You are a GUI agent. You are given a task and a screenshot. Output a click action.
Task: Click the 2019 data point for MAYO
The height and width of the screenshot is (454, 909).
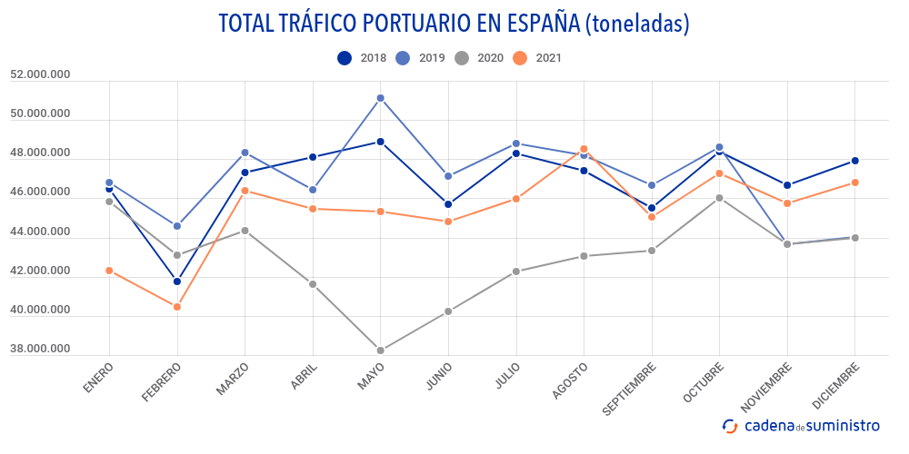[x=381, y=98]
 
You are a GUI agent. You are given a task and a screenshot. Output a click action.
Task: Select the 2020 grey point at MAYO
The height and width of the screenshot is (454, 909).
[x=381, y=350]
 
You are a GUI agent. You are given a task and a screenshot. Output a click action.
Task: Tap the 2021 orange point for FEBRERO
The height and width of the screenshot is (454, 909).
[x=177, y=307]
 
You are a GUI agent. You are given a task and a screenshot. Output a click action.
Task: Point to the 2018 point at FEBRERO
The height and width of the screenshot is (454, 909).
[x=177, y=281]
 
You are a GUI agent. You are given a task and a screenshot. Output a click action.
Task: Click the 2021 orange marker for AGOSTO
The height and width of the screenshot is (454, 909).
[x=584, y=149]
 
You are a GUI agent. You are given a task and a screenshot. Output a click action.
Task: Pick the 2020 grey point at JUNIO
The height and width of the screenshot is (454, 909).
[x=448, y=311]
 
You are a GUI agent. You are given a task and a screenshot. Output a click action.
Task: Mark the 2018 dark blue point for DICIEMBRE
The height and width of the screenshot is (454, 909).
[x=854, y=161]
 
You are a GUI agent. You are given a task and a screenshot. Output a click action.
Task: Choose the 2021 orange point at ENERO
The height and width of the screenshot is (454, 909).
[x=109, y=271]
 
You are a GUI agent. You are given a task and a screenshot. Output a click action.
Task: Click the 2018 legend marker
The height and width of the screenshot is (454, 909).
[x=345, y=58]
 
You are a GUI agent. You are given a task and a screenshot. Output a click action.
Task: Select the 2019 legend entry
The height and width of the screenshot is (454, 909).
[x=419, y=58]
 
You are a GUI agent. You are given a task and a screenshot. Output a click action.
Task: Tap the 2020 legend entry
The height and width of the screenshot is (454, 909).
[x=478, y=58]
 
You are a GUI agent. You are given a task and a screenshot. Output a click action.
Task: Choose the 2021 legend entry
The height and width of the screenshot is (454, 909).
[x=536, y=58]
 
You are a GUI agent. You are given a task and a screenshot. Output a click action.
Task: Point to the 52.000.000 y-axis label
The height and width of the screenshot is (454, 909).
[x=40, y=74]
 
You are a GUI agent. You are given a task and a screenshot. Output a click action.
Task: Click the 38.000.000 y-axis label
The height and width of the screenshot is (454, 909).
[x=40, y=349]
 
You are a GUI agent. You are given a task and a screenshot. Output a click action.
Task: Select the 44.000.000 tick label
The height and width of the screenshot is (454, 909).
[x=40, y=232]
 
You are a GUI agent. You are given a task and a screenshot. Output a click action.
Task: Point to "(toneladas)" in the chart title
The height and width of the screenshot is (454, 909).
[x=636, y=25]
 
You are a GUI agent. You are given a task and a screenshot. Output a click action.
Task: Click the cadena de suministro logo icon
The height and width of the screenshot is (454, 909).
[x=730, y=425]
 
